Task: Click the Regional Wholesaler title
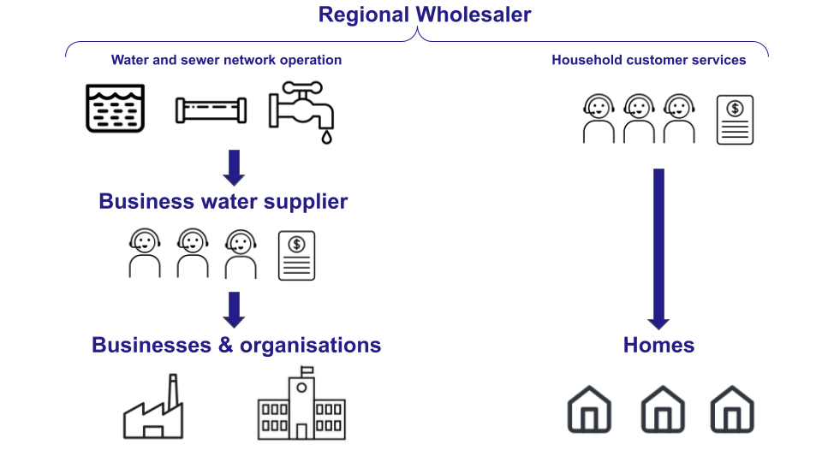[x=425, y=15]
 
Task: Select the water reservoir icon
[x=116, y=108]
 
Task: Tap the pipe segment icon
[x=211, y=111]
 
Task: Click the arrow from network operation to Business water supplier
[x=234, y=168]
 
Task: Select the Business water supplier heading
[x=223, y=202]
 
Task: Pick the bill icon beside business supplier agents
[x=296, y=255]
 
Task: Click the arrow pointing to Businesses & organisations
[x=234, y=310]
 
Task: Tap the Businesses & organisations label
[x=236, y=346]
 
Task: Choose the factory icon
[x=152, y=407]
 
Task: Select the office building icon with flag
[x=301, y=403]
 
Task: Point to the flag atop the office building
[x=307, y=370]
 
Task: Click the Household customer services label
[x=648, y=60]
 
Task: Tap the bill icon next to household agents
[x=735, y=120]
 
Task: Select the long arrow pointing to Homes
[x=658, y=248]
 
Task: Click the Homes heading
[x=658, y=346]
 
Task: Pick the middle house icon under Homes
[x=663, y=409]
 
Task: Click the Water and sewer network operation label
[x=226, y=60]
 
